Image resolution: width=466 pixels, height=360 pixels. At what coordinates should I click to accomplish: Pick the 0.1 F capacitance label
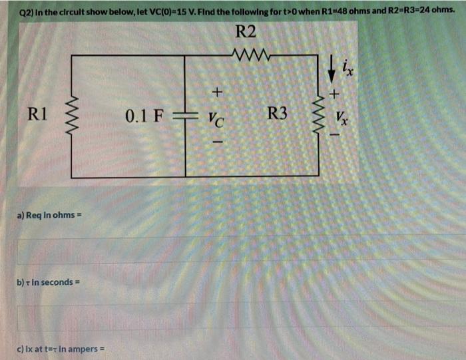[143, 116]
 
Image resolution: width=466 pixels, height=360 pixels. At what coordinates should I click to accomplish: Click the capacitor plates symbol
[176, 117]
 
